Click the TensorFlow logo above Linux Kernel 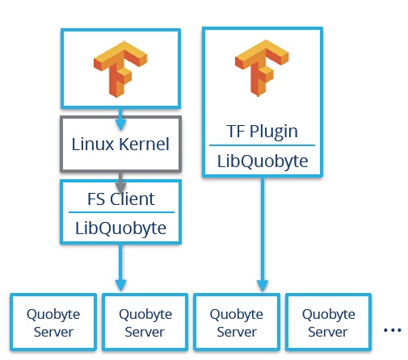(120, 69)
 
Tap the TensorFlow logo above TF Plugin (262, 68)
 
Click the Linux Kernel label (120, 144)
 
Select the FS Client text (121, 199)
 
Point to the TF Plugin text (262, 132)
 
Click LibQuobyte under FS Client (120, 228)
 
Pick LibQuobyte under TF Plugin (263, 161)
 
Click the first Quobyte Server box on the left (53, 322)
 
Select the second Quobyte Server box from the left (145, 322)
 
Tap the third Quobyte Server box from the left (237, 322)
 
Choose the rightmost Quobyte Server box (328, 322)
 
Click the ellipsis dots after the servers (393, 330)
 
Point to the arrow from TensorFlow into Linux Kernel (120, 119)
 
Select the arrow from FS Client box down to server (120, 267)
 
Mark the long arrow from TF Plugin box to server (263, 234)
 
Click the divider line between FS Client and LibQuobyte (121, 212)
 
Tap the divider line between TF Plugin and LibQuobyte (262, 145)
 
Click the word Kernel (145, 144)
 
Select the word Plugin (274, 132)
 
